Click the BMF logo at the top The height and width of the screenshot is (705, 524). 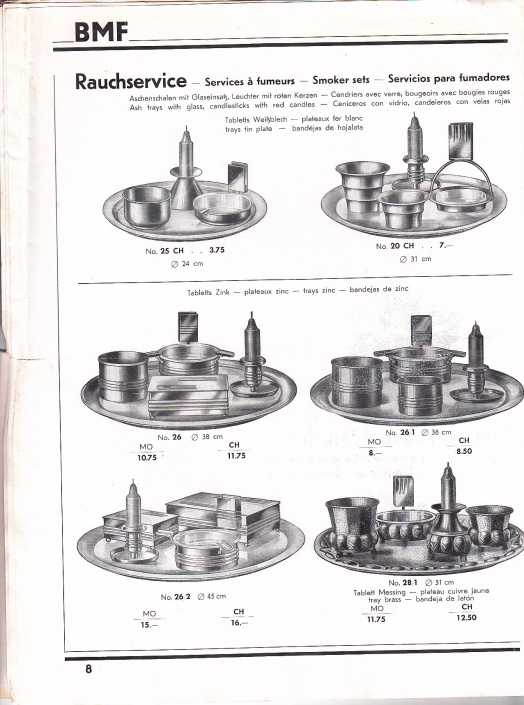click(101, 32)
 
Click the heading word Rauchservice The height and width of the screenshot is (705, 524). click(130, 81)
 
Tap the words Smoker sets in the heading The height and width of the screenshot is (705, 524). click(341, 80)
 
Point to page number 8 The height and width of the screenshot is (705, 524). click(88, 669)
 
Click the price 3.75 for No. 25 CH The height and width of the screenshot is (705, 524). click(217, 250)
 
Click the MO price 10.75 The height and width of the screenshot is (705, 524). click(147, 458)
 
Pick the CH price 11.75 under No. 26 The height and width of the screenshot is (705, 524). click(237, 455)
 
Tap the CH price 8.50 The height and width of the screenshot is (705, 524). click(464, 451)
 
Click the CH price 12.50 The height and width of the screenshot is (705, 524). click(467, 617)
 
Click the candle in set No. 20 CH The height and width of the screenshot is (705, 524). click(415, 136)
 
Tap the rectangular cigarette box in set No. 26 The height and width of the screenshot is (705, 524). click(188, 396)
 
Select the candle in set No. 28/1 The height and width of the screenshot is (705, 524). click(448, 485)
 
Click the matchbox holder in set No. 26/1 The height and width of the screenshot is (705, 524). click(421, 330)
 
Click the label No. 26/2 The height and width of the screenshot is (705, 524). click(176, 597)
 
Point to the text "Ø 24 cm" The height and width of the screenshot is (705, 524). click(187, 264)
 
